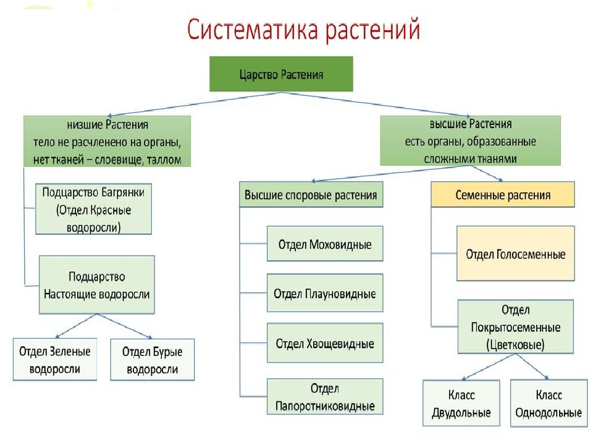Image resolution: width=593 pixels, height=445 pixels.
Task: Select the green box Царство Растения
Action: click(x=281, y=74)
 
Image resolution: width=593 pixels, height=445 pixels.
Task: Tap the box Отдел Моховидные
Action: click(x=325, y=244)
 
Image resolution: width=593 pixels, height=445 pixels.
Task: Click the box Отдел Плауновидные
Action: click(x=325, y=293)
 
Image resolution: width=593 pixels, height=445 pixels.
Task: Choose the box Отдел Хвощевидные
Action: click(x=325, y=343)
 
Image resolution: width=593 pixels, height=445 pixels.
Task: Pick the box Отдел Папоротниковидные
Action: click(x=325, y=397)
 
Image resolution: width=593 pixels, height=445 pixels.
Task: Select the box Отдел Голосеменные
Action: click(x=515, y=253)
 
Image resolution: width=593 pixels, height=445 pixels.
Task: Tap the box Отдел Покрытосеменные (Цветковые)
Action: click(x=515, y=327)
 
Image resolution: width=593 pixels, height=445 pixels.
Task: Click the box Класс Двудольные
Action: click(x=461, y=403)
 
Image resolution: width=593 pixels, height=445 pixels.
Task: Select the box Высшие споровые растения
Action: click(x=311, y=195)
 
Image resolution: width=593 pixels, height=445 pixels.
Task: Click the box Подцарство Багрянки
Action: click(x=93, y=209)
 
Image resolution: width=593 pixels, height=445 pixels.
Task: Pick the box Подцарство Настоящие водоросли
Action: click(x=96, y=285)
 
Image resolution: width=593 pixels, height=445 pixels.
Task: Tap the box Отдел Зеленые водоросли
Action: click(x=54, y=360)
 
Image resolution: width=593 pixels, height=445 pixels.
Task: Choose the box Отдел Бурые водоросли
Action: click(x=152, y=360)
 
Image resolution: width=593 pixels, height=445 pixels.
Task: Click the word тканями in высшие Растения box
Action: click(x=495, y=158)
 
